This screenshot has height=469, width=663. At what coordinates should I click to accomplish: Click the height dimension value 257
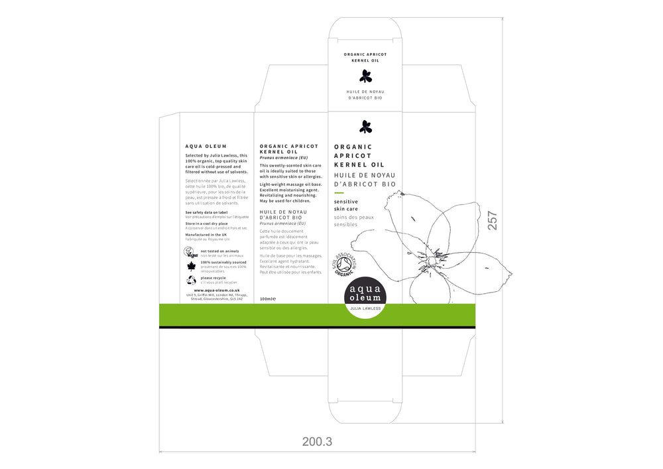tap(492, 221)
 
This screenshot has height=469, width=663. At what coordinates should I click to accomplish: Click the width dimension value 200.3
tap(316, 441)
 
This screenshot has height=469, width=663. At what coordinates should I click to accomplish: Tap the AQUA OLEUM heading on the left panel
tap(206, 147)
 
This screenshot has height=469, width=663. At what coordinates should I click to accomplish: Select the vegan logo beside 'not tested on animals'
tap(191, 253)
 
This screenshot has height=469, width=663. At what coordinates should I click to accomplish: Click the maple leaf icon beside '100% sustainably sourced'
tap(191, 267)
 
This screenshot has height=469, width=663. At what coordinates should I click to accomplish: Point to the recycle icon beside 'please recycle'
tap(191, 280)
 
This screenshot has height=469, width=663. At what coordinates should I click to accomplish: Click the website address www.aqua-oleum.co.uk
tap(216, 290)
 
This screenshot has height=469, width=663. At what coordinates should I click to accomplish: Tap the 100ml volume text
tap(267, 299)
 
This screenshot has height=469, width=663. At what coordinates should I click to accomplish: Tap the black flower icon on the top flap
tap(365, 76)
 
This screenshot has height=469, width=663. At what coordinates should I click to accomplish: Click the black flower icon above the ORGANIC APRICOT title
tap(365, 126)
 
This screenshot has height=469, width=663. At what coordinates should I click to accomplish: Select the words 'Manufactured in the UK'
tap(206, 234)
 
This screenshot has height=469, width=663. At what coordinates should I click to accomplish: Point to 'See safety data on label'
tap(206, 212)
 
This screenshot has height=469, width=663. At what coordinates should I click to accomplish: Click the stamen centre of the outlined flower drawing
tap(438, 255)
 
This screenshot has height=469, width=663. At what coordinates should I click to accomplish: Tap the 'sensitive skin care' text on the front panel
tap(346, 205)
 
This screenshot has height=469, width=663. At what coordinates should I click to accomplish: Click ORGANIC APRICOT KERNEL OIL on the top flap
tap(365, 56)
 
